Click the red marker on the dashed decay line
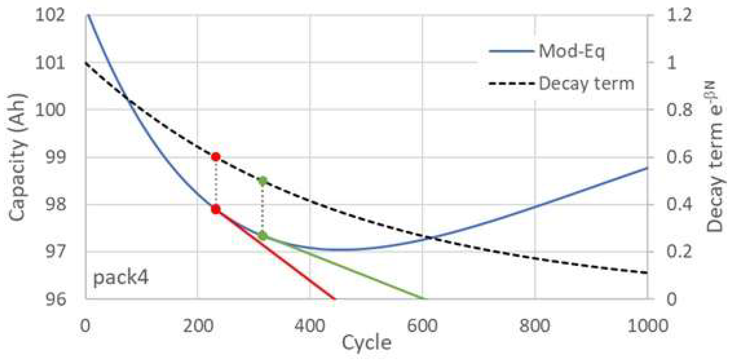point(216,157)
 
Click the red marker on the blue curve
point(216,209)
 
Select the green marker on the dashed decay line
point(263,180)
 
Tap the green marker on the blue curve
point(263,236)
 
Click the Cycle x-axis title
point(366,343)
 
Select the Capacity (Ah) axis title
point(17,157)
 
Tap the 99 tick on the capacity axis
point(55,157)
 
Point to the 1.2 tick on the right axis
point(679,15)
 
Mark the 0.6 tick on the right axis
point(679,157)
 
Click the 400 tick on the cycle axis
point(309,325)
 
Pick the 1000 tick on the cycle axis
point(648,325)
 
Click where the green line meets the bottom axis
point(423,298)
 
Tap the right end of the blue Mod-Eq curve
point(647,168)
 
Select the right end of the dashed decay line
point(647,273)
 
